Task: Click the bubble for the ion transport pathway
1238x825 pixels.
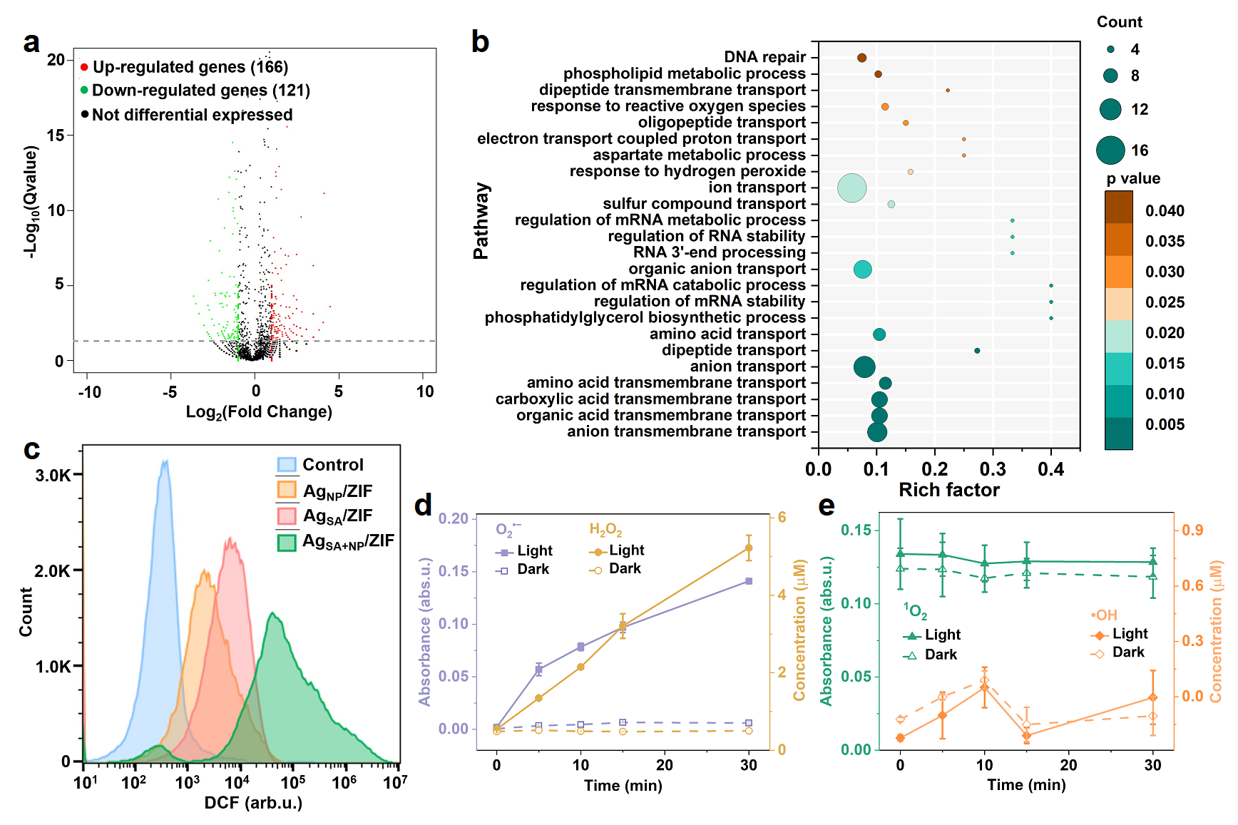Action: [851, 188]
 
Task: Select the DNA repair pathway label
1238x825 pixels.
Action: [764, 57]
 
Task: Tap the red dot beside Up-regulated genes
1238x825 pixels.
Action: [84, 67]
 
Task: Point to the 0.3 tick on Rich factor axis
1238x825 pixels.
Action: [993, 468]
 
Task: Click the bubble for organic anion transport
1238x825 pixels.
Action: [862, 270]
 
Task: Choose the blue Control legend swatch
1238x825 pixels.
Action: [287, 465]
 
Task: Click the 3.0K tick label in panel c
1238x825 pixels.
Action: [53, 476]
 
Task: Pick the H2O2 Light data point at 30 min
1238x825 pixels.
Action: [749, 548]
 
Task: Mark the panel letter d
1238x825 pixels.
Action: [423, 505]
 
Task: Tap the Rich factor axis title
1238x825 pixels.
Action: [948, 490]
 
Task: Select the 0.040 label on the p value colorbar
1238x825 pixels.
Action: [1165, 211]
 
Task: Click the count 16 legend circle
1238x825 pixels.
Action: [1110, 150]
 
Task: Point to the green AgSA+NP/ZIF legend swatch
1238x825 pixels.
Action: [287, 543]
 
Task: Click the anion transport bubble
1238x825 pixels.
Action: [864, 367]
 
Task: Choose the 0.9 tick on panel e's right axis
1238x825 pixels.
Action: [1192, 531]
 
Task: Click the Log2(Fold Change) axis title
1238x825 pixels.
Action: [259, 412]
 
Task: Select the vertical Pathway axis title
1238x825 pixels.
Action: [482, 221]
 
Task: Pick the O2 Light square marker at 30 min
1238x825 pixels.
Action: [749, 581]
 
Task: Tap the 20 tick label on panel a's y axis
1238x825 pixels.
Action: [56, 60]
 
